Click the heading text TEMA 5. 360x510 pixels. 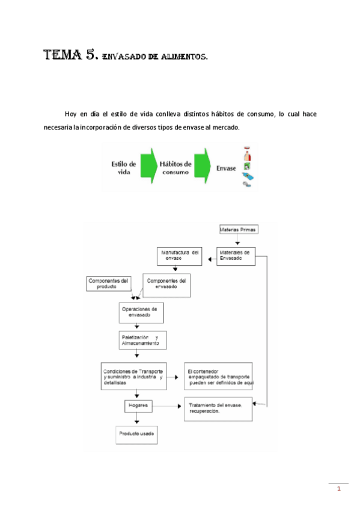[69, 56]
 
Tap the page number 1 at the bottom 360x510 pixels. [338, 488]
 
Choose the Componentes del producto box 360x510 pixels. [108, 283]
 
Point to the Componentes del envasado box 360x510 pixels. [166, 284]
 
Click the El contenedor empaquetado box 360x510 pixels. [218, 376]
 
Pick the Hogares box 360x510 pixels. [138, 406]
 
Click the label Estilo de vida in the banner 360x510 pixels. [123, 167]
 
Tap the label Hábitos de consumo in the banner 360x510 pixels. [175, 167]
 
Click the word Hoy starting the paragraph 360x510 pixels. [71, 114]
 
